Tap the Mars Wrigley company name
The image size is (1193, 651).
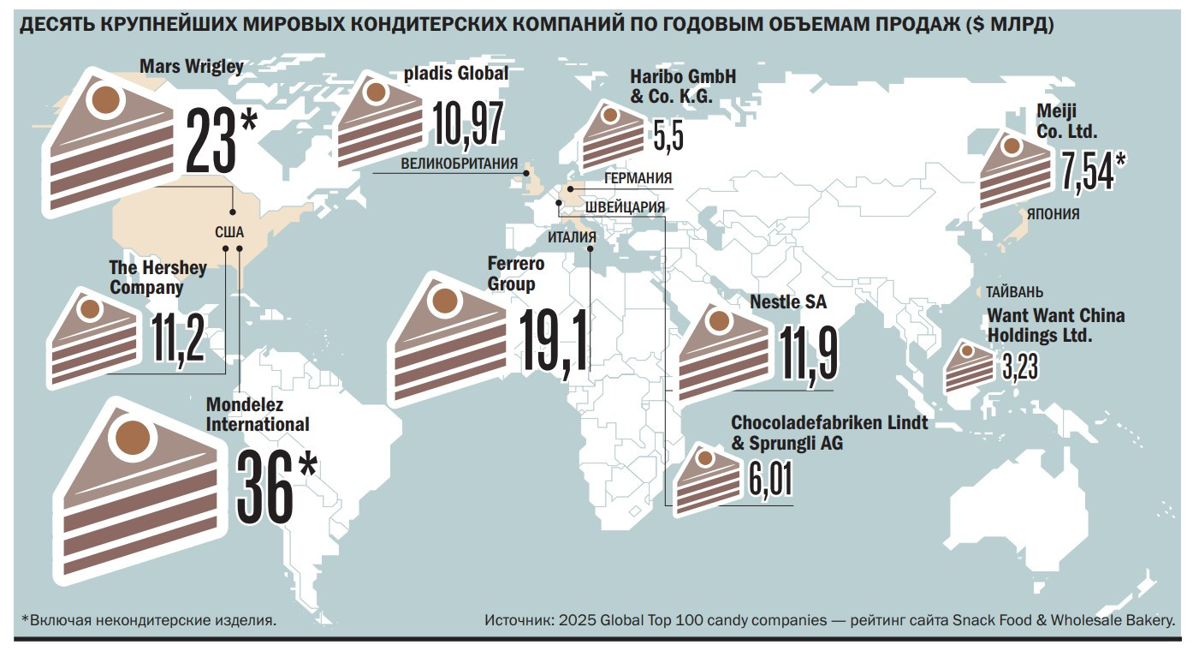point(191,67)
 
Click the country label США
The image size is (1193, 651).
point(229,231)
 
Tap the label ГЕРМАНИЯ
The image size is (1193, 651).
point(638,179)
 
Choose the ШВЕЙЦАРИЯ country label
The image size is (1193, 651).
point(626,207)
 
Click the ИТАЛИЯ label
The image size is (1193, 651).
point(572,237)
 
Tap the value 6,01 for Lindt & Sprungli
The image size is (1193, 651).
point(769,480)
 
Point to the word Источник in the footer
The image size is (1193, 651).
point(516,619)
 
